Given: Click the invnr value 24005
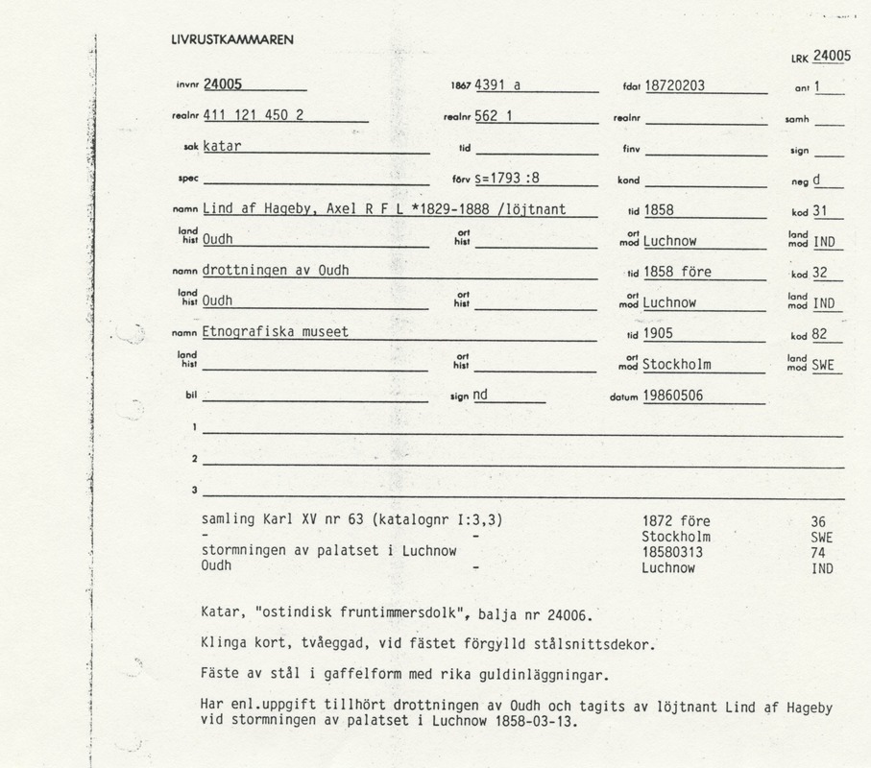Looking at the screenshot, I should [x=223, y=84].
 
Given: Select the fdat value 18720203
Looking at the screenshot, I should [x=674, y=85].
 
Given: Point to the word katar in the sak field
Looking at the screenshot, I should [x=221, y=147].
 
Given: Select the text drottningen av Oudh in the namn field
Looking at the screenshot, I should [x=275, y=272].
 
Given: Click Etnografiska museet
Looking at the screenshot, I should [x=275, y=332].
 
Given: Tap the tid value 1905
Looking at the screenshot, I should [x=658, y=333].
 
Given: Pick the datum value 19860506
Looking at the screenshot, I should [x=674, y=395].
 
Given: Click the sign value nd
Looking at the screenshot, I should [x=480, y=395].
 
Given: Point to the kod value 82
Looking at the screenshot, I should [x=819, y=333].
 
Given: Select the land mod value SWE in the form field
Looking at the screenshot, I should [x=823, y=365].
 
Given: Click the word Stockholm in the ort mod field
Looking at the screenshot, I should [x=677, y=365].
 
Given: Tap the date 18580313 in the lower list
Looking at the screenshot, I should [x=673, y=552].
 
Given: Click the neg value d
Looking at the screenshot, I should [x=816, y=179].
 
